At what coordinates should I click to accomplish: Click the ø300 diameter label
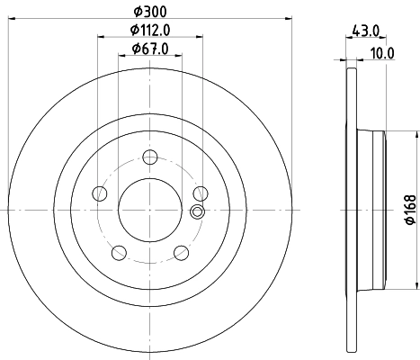(149, 13)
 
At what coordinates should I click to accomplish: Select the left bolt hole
(99, 193)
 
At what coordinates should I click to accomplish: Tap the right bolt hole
(200, 193)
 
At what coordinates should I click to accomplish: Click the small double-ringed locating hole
(198, 212)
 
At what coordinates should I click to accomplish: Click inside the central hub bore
(149, 209)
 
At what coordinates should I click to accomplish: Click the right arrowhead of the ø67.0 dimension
(179, 55)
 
